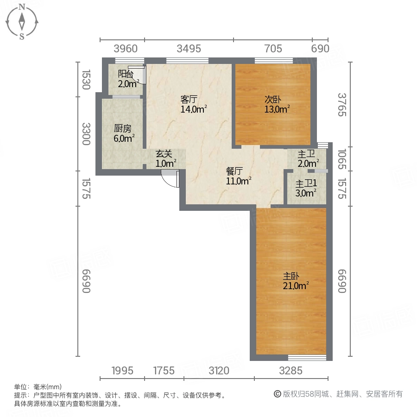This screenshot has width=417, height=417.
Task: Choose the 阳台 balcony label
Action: pyautogui.click(x=126, y=74)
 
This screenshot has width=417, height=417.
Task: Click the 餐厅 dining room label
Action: pyautogui.click(x=234, y=171)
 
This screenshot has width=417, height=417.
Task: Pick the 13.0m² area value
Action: pyautogui.click(x=277, y=109)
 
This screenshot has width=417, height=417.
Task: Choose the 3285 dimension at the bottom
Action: pyautogui.click(x=291, y=370)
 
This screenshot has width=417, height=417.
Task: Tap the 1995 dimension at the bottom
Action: pyautogui.click(x=122, y=370)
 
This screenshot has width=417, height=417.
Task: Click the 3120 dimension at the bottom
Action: pyautogui.click(x=219, y=370)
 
